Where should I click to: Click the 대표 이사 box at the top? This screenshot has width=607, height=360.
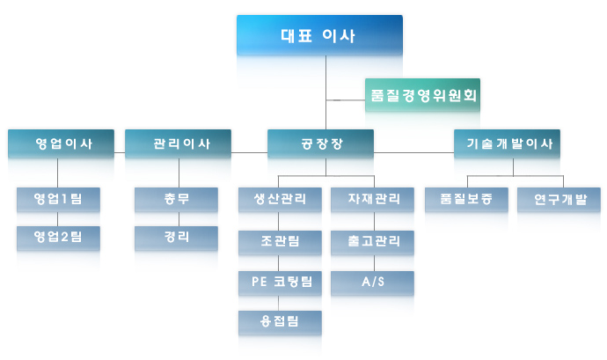tap(319, 35)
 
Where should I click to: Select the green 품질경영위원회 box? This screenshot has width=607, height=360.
tap(423, 95)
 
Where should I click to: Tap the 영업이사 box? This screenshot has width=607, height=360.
tap(62, 143)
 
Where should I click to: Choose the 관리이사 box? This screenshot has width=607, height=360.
tap(178, 143)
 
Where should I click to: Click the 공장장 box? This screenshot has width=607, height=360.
tap(320, 143)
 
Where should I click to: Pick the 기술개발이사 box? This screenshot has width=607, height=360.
tap(507, 143)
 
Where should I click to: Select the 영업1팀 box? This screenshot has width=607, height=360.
tap(58, 200)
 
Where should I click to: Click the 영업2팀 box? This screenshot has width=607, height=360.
tap(58, 238)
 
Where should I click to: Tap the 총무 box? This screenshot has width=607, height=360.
tap(176, 200)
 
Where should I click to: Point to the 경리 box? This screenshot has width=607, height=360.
tap(176, 238)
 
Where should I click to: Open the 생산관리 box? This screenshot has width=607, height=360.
tap(280, 200)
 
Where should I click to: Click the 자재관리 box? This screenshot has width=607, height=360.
tap(372, 200)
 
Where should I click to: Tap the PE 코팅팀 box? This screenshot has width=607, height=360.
tap(280, 283)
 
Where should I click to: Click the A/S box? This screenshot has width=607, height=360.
tap(372, 283)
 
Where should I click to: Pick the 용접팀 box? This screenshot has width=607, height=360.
tap(280, 322)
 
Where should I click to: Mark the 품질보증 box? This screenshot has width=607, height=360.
tap(466, 200)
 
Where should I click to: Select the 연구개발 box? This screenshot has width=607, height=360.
tap(559, 200)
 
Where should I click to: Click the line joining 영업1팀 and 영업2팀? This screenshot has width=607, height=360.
tap(58, 219)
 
